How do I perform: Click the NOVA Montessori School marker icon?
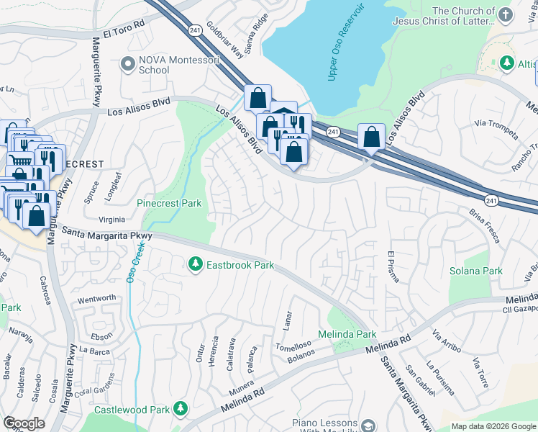[129, 64]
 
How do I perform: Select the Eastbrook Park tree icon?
[195, 265]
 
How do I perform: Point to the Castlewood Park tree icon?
[179, 410]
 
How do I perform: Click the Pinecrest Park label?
[169, 204]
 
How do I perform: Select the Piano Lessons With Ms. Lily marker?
[368, 426]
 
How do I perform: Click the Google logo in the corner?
[24, 423]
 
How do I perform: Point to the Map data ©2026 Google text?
[494, 426]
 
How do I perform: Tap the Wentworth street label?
[96, 298]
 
